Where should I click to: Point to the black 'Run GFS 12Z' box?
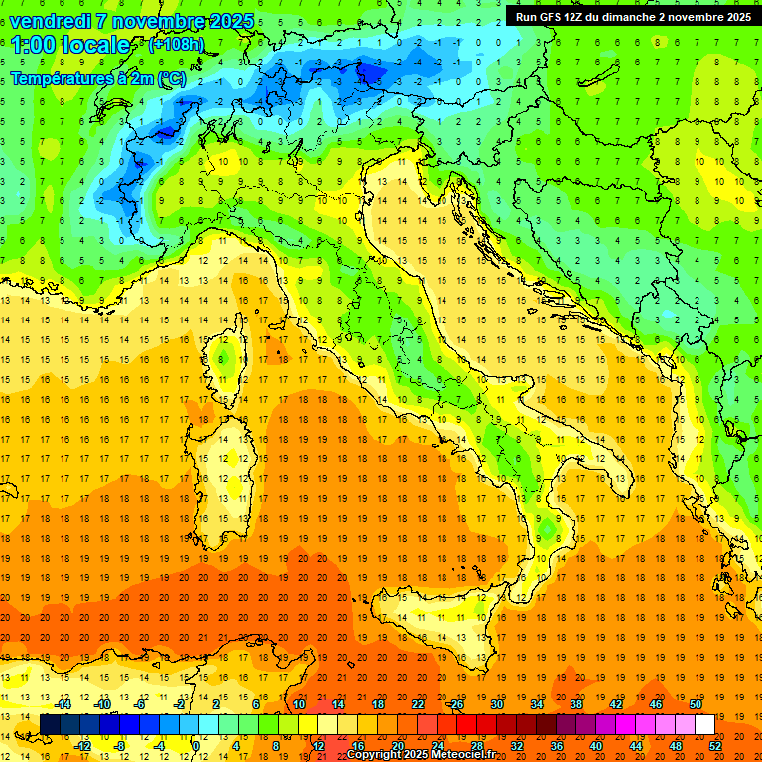632,16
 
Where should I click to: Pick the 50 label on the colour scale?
696,704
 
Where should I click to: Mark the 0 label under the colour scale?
196,746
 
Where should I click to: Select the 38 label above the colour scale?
576,704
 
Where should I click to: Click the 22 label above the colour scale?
418,704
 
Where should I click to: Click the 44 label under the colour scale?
636,746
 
